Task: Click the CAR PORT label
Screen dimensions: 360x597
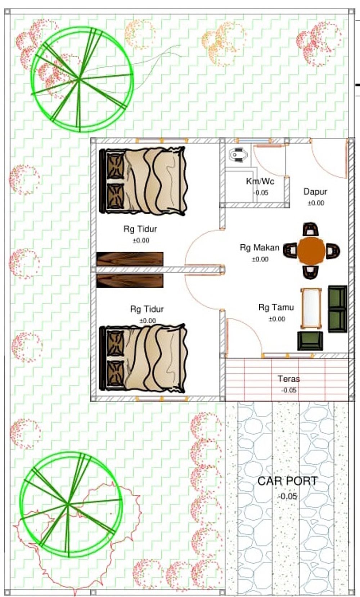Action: (288, 481)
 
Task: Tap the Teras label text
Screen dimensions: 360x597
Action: (289, 379)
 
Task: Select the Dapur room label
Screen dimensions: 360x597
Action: (315, 192)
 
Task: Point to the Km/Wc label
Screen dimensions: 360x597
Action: (260, 181)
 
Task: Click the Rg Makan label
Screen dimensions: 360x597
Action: (260, 248)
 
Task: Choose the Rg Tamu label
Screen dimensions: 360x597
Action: (276, 307)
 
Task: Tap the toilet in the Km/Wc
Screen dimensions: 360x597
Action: (238, 155)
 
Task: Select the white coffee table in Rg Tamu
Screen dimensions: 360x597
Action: (311, 308)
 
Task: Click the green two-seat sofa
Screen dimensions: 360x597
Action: (338, 309)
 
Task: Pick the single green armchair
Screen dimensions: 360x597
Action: (310, 341)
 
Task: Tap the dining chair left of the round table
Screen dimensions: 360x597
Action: (290, 250)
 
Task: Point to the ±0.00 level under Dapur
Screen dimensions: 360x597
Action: (316, 203)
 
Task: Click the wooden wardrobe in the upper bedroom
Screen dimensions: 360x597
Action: (130, 259)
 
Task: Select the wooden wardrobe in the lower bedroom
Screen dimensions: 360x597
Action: (130, 281)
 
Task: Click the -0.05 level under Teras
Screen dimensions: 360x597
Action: (289, 391)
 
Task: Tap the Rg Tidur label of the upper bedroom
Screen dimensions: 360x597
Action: (140, 229)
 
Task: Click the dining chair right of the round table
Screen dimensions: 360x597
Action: (333, 251)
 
